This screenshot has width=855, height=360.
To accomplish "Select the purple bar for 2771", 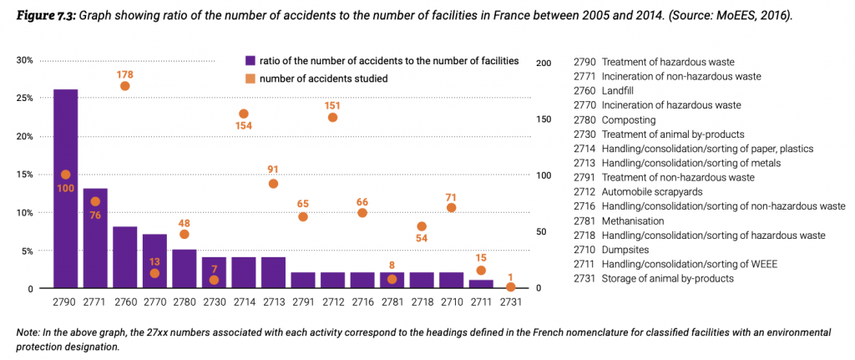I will click(95, 239).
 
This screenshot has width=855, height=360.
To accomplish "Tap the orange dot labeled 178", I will click(125, 86).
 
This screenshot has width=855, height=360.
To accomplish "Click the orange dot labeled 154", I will click(244, 114).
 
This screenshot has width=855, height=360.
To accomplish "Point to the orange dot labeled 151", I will click(332, 117).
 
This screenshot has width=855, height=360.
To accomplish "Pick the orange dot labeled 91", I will click(273, 184).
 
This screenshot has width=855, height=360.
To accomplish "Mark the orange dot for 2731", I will click(510, 286).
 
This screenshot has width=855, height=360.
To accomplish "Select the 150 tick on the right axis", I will click(543, 119).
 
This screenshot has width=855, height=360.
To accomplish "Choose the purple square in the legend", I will click(250, 61).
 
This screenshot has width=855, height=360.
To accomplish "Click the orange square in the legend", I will click(250, 79).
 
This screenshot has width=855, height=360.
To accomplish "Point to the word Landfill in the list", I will click(620, 90).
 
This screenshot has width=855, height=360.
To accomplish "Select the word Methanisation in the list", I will click(632, 221).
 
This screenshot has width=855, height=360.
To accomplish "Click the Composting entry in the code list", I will click(629, 119).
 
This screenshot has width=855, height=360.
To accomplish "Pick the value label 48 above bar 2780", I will click(185, 223).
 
